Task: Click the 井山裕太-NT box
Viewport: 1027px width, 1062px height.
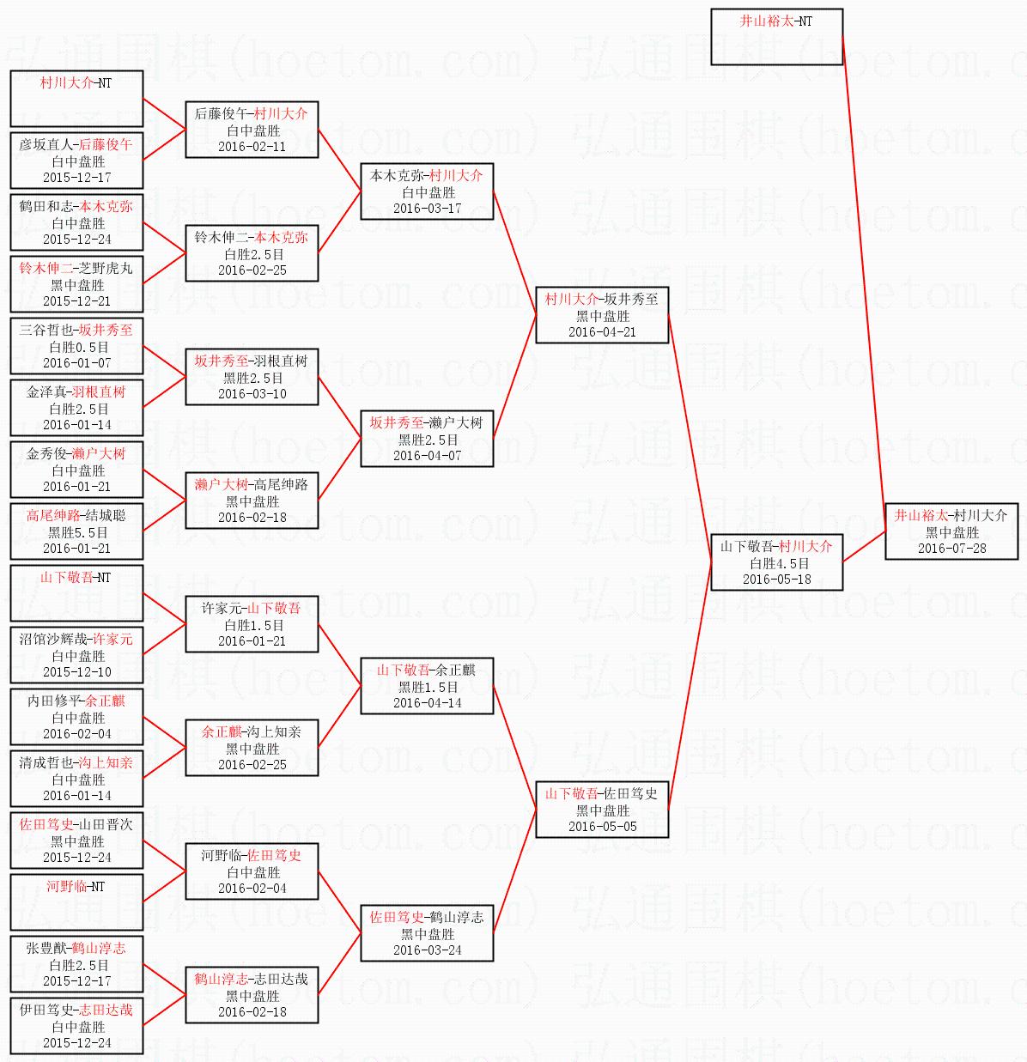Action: pos(776,36)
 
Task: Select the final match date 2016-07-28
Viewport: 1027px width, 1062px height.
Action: pos(951,549)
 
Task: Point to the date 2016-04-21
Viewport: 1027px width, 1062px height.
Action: pos(602,332)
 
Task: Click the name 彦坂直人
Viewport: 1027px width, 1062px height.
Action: pos(46,145)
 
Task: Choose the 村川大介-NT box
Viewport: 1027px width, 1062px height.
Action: pos(76,98)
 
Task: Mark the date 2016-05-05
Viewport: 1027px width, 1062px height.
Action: pos(602,827)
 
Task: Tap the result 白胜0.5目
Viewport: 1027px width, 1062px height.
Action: pos(78,347)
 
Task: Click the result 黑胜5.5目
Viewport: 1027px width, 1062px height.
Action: pos(78,532)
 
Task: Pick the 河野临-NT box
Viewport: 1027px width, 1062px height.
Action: pos(76,901)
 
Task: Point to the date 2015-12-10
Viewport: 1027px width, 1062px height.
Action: pos(76,672)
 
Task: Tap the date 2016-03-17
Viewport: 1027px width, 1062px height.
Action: pos(427,209)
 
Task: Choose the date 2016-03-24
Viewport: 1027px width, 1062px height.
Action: pos(427,950)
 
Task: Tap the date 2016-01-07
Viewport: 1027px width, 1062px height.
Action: pos(76,363)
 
